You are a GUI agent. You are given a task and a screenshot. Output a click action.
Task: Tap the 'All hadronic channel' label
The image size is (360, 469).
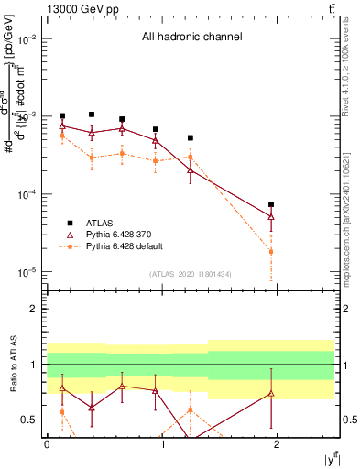(x=191, y=38)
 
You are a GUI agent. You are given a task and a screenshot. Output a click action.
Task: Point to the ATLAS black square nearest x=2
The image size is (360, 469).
(x=271, y=204)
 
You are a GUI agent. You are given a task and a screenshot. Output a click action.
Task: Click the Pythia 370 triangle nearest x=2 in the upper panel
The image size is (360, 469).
(x=271, y=217)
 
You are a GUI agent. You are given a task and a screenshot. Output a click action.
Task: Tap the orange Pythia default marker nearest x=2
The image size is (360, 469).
(x=271, y=251)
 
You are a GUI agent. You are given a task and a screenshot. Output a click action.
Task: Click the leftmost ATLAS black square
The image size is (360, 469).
(x=62, y=116)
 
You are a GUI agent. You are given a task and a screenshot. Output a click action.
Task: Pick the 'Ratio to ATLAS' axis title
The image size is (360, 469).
(x=12, y=365)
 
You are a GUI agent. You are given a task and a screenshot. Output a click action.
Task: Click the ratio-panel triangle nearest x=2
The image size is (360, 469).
(x=271, y=393)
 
